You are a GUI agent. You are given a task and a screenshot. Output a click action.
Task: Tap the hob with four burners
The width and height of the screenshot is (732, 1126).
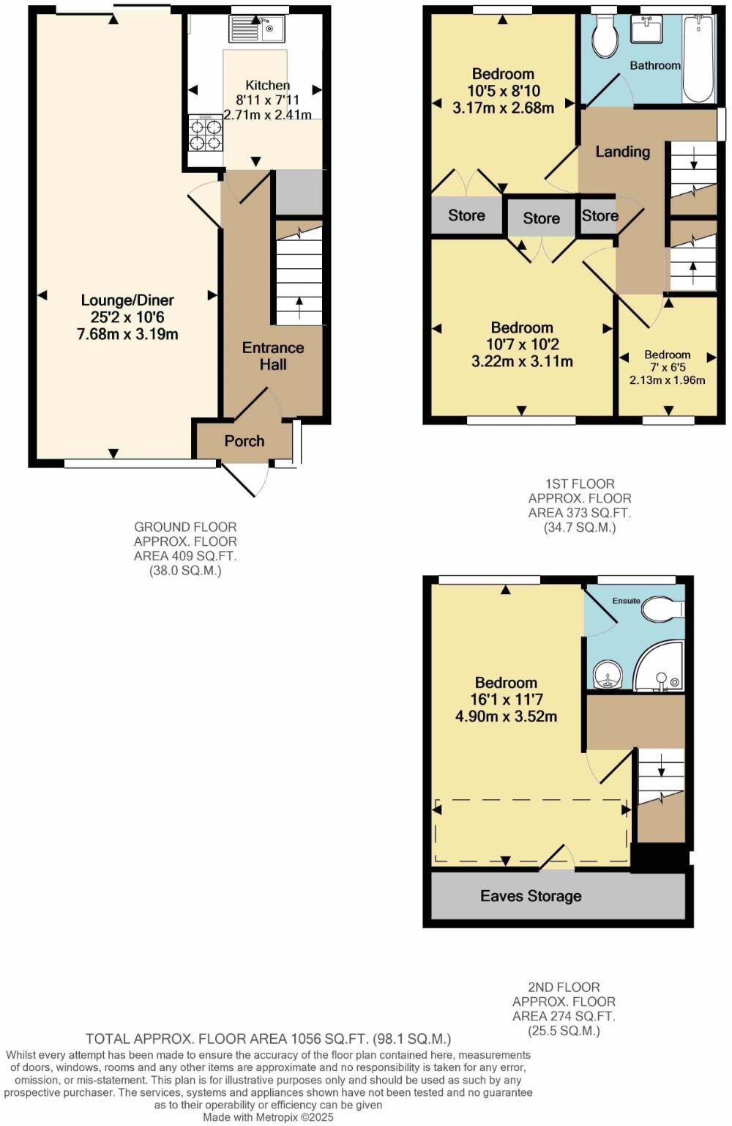pos(205,133)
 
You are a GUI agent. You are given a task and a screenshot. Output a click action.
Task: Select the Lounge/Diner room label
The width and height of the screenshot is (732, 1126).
pos(127,300)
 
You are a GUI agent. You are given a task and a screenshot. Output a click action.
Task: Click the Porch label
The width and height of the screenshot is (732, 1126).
pos(244,441)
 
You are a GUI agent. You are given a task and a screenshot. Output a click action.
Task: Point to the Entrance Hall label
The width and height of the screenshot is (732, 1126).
pos(273,356)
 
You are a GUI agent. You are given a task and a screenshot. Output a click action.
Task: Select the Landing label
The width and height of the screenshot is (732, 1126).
pos(622,152)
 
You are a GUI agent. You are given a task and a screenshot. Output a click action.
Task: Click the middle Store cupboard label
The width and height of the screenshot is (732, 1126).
pos(541,218)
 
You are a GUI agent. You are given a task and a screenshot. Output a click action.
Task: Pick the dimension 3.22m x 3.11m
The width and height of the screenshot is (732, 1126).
pos(522,361)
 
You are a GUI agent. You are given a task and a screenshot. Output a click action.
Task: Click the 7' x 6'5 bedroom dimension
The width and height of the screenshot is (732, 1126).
pos(667,368)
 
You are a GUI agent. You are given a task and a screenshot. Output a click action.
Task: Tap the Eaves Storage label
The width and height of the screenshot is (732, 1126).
pos(531,896)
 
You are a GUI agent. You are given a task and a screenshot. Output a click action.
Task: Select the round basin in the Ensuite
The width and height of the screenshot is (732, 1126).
pos(607,675)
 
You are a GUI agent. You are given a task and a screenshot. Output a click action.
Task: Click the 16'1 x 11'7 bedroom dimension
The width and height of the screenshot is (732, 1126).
pos(505,700)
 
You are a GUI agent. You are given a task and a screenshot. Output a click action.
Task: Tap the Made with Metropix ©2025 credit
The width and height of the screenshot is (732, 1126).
pos(267,1118)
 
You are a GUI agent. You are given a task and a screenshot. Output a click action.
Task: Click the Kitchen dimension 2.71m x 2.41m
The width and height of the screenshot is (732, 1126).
pos(267,115)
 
